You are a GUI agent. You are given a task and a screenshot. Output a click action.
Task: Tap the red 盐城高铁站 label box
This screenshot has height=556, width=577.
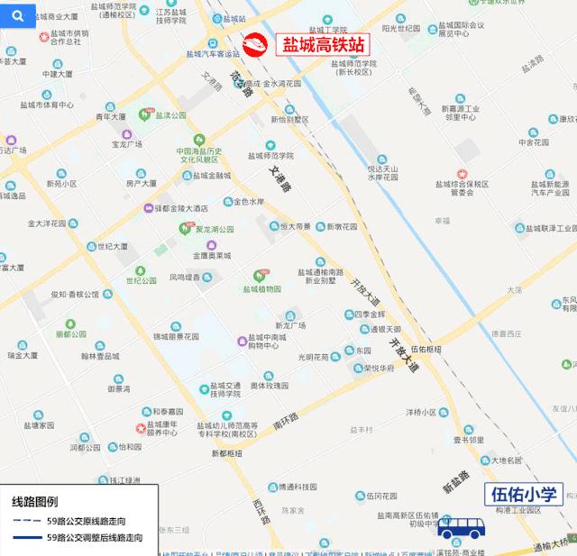pos(325,45)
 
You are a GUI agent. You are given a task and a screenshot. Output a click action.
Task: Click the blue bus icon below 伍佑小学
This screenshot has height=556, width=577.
pos(460,525)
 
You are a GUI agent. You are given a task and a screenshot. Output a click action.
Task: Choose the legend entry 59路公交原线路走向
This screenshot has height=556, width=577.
pos(86,521)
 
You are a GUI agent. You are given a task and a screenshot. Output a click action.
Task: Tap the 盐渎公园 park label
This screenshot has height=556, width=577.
pos(169,115)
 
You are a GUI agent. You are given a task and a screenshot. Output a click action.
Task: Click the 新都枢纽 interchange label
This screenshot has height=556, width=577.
pos(227,452)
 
